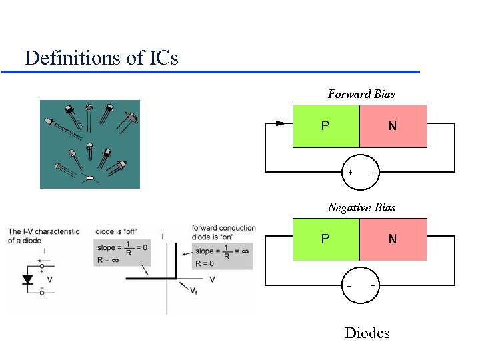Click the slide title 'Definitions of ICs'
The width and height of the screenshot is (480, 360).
click(x=101, y=58)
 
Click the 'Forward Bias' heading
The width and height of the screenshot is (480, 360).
click(x=361, y=94)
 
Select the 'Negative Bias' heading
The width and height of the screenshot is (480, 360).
click(x=361, y=207)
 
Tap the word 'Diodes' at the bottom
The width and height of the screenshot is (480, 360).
click(x=367, y=333)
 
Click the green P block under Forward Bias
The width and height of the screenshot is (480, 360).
click(x=325, y=125)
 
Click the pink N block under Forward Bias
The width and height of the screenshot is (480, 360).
click(x=393, y=125)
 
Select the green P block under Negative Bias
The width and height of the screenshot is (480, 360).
click(x=325, y=239)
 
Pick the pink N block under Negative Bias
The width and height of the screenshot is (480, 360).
click(x=393, y=239)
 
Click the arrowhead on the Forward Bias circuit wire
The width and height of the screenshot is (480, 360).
click(x=279, y=123)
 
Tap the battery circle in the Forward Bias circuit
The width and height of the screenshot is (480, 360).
click(x=361, y=173)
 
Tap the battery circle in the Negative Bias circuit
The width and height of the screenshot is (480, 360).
click(x=361, y=286)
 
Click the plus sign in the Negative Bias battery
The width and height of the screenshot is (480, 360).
click(x=373, y=286)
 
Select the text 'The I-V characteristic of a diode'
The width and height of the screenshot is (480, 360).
click(x=43, y=236)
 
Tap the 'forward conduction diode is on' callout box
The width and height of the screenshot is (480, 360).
click(x=223, y=246)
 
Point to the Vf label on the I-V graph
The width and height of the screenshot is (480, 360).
click(x=194, y=289)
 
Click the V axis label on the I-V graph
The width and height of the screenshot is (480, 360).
click(x=212, y=279)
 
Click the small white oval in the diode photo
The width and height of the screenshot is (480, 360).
click(x=89, y=178)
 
